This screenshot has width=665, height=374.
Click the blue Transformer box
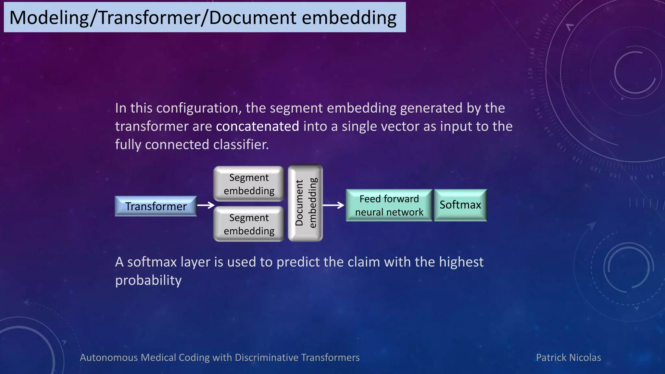click(x=156, y=206)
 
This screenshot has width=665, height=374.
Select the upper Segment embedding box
click(x=249, y=184)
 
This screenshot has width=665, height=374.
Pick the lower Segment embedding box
click(x=249, y=224)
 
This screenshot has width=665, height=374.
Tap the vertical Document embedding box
click(x=305, y=203)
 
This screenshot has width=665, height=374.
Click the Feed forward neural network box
click(x=389, y=205)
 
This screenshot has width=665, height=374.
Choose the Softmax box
click(x=460, y=205)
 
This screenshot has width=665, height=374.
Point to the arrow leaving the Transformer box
click(x=206, y=205)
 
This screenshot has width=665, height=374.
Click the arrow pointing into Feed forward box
click(x=333, y=205)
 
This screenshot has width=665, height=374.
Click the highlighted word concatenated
click(x=257, y=126)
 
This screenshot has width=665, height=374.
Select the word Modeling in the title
click(x=49, y=18)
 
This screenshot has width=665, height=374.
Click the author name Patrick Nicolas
click(x=568, y=357)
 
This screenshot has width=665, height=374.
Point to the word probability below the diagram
click(x=148, y=280)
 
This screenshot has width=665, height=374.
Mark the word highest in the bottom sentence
click(x=461, y=262)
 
